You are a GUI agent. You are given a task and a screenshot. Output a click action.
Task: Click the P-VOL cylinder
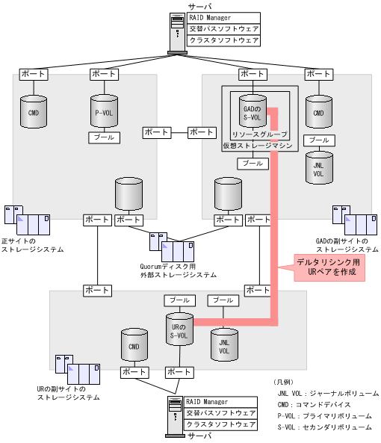pos(104,113)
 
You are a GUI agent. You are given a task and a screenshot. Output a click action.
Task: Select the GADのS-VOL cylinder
pos(252,113)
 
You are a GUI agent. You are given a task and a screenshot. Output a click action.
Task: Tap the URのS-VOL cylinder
pos(179,329)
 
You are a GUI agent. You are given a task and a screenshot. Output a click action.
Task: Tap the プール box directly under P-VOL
pos(104,137)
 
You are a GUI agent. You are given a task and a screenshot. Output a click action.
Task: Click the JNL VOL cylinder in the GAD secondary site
pos(319,167)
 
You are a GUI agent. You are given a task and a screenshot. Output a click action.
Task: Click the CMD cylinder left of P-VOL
pos(34,113)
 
